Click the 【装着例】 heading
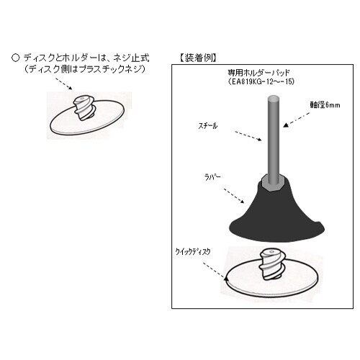[x=197, y=56]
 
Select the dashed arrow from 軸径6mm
[x=296, y=119]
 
